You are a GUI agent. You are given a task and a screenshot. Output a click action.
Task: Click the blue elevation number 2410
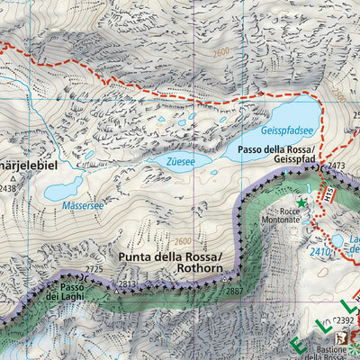tap(319, 252)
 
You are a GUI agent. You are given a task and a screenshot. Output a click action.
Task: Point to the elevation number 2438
tap(7, 188)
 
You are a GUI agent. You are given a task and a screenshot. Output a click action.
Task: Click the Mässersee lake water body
tap(63, 190)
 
